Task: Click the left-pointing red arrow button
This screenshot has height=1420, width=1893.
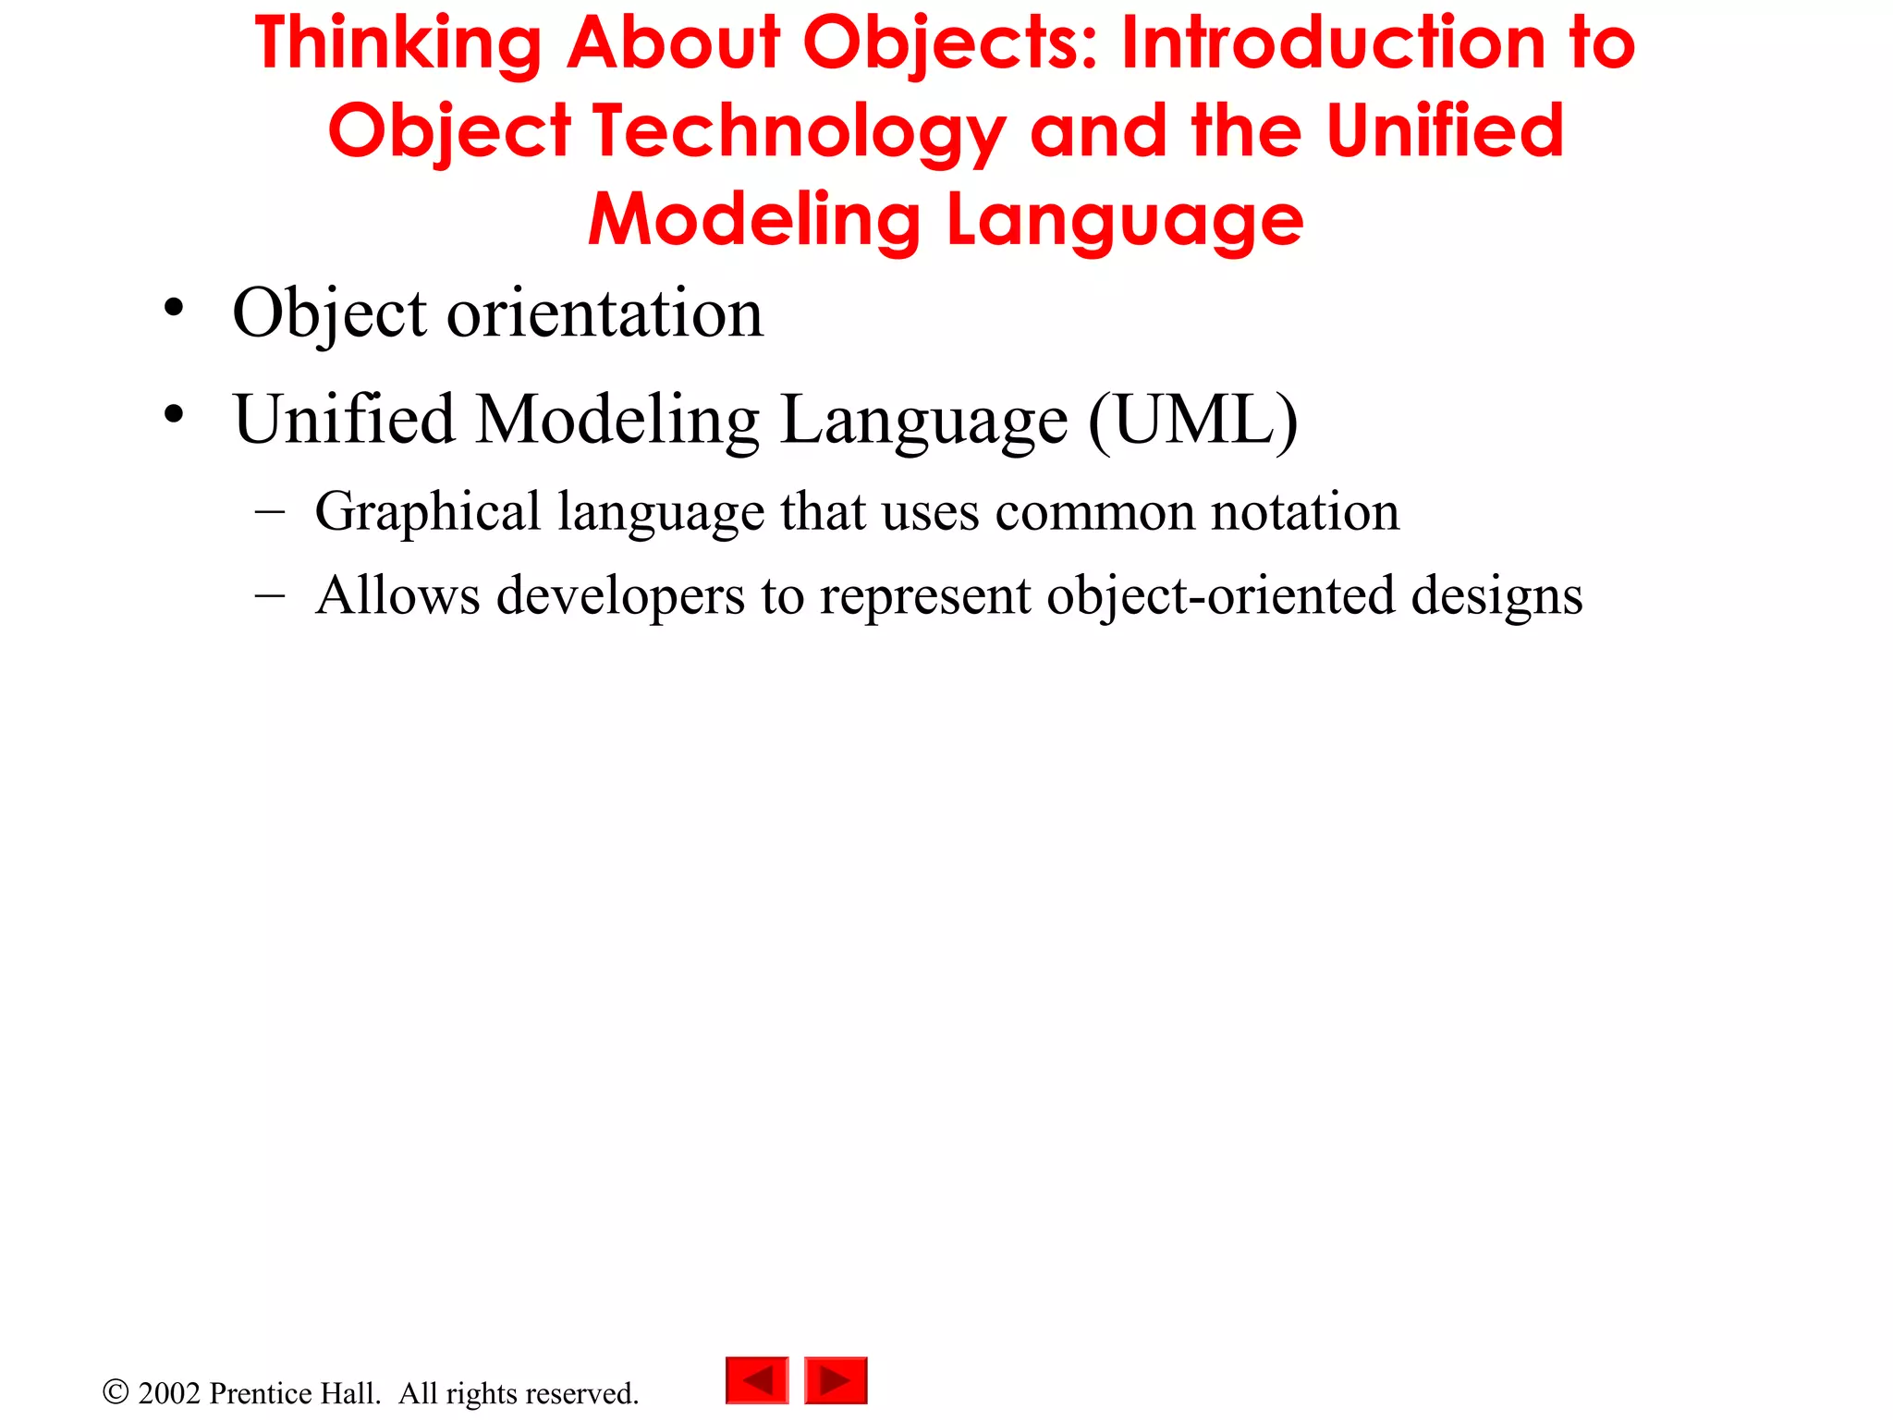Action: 757,1380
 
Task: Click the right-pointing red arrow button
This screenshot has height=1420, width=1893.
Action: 836,1380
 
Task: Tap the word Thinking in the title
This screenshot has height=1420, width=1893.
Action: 398,44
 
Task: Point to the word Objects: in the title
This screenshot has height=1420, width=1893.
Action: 951,44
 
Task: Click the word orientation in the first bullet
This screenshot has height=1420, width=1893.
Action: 605,313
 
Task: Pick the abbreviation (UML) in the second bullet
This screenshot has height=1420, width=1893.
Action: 1193,420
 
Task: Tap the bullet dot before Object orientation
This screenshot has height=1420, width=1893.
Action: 173,309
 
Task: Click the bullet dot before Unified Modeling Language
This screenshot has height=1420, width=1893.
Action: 173,415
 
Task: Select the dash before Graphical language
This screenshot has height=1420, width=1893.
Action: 269,512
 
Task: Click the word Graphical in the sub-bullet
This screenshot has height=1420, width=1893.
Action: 427,512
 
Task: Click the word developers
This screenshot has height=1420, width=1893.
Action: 620,595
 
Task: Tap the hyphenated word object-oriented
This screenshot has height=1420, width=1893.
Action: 1220,595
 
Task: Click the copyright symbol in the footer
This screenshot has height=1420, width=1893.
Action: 116,1391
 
